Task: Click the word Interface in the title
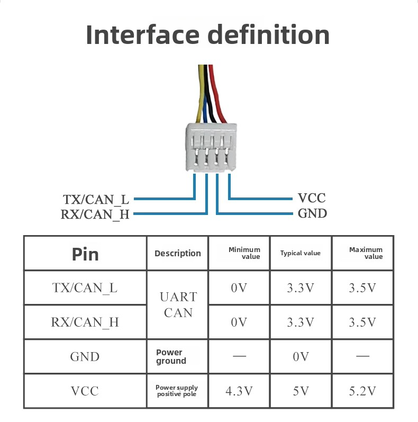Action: tap(142, 34)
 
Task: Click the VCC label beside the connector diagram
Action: tap(312, 199)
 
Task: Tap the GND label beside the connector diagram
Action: tap(312, 213)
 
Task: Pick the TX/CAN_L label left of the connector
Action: tap(96, 200)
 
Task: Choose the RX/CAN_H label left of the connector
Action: tap(95, 214)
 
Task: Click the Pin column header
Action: tap(85, 254)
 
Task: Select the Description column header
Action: tap(178, 254)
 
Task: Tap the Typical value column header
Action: tap(300, 253)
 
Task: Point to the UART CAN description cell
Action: tap(178, 304)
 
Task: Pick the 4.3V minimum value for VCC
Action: tap(239, 391)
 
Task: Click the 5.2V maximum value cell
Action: tap(362, 391)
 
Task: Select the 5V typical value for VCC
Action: tap(301, 391)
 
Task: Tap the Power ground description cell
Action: tap(171, 356)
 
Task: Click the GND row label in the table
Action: tap(85, 357)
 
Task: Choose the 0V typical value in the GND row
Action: tap(301, 357)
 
